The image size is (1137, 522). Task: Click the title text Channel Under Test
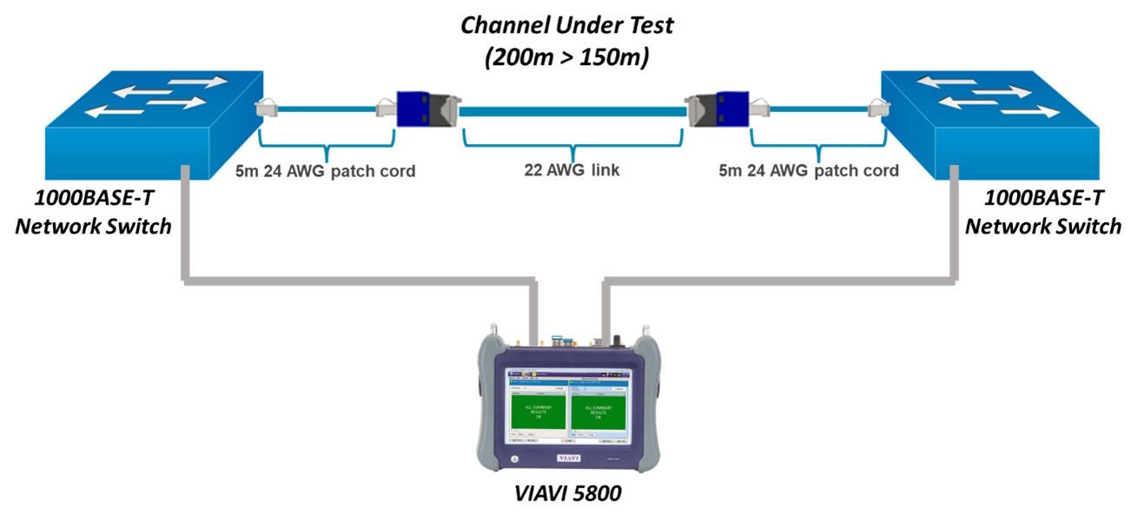pyautogui.click(x=566, y=25)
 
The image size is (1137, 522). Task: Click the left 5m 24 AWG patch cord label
pyautogui.click(x=325, y=171)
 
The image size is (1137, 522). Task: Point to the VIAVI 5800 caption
pyautogui.click(x=569, y=498)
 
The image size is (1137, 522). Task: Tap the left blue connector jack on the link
pyautogui.click(x=413, y=109)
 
